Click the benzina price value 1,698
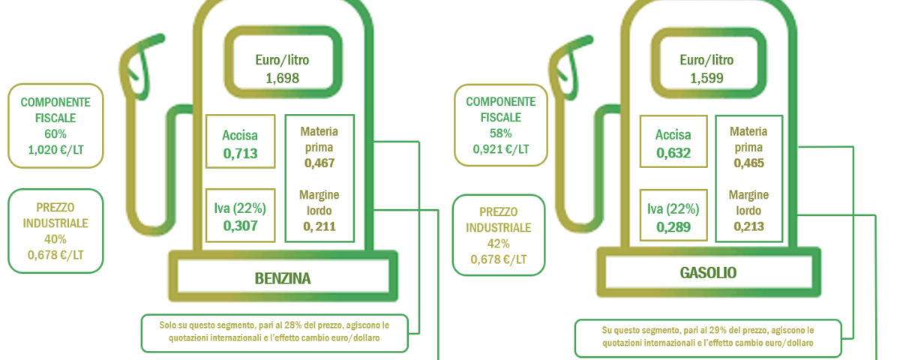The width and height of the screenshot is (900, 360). [x=283, y=78]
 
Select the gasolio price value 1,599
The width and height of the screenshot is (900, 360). [x=706, y=78]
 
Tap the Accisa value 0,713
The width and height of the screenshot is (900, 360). [x=240, y=154]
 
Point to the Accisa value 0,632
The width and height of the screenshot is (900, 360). [x=673, y=153]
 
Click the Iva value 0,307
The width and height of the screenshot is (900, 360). [x=240, y=226]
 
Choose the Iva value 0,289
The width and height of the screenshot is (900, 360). [x=673, y=227]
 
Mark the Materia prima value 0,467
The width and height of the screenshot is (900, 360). [x=319, y=163]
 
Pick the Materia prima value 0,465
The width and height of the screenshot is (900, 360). [x=749, y=163]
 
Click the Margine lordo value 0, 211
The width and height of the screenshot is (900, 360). [x=319, y=226]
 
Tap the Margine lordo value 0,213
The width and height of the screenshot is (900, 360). [x=749, y=226]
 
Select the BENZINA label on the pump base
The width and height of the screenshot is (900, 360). [x=283, y=278]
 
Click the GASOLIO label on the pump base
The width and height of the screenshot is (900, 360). [x=708, y=273]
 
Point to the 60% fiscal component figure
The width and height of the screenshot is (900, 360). [x=55, y=133]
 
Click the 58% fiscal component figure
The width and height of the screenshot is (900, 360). [x=501, y=133]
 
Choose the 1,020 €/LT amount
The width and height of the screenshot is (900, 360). [x=55, y=150]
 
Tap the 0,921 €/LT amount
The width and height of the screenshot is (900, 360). [x=501, y=149]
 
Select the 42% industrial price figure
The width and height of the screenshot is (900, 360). [x=499, y=244]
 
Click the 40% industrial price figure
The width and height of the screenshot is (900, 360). [x=55, y=239]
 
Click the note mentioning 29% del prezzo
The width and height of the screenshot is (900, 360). [x=708, y=337]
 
